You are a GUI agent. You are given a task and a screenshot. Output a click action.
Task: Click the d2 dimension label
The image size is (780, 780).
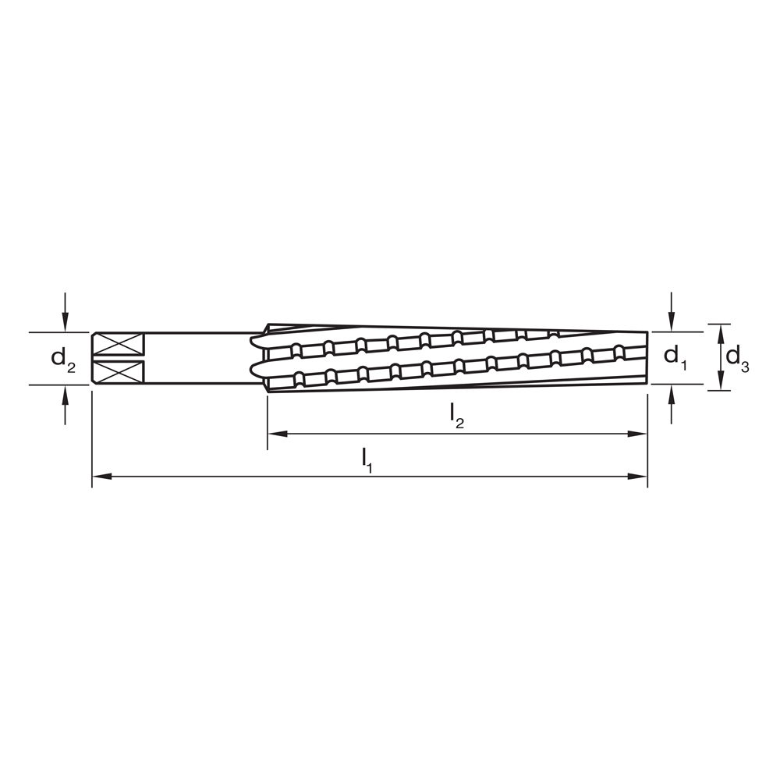63,359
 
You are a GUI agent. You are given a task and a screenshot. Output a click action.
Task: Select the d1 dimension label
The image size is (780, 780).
675,356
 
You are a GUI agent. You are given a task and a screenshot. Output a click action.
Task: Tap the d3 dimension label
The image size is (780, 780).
737,358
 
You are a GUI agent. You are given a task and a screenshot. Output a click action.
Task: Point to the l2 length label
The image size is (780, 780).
457,417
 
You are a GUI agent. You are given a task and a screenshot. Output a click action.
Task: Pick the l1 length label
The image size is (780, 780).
367,459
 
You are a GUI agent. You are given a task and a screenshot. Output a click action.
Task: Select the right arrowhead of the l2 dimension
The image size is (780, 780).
639,434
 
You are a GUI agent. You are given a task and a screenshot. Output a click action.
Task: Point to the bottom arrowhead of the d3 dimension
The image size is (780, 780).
720,381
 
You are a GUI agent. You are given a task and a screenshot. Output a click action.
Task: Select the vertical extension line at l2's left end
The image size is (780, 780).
268,425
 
